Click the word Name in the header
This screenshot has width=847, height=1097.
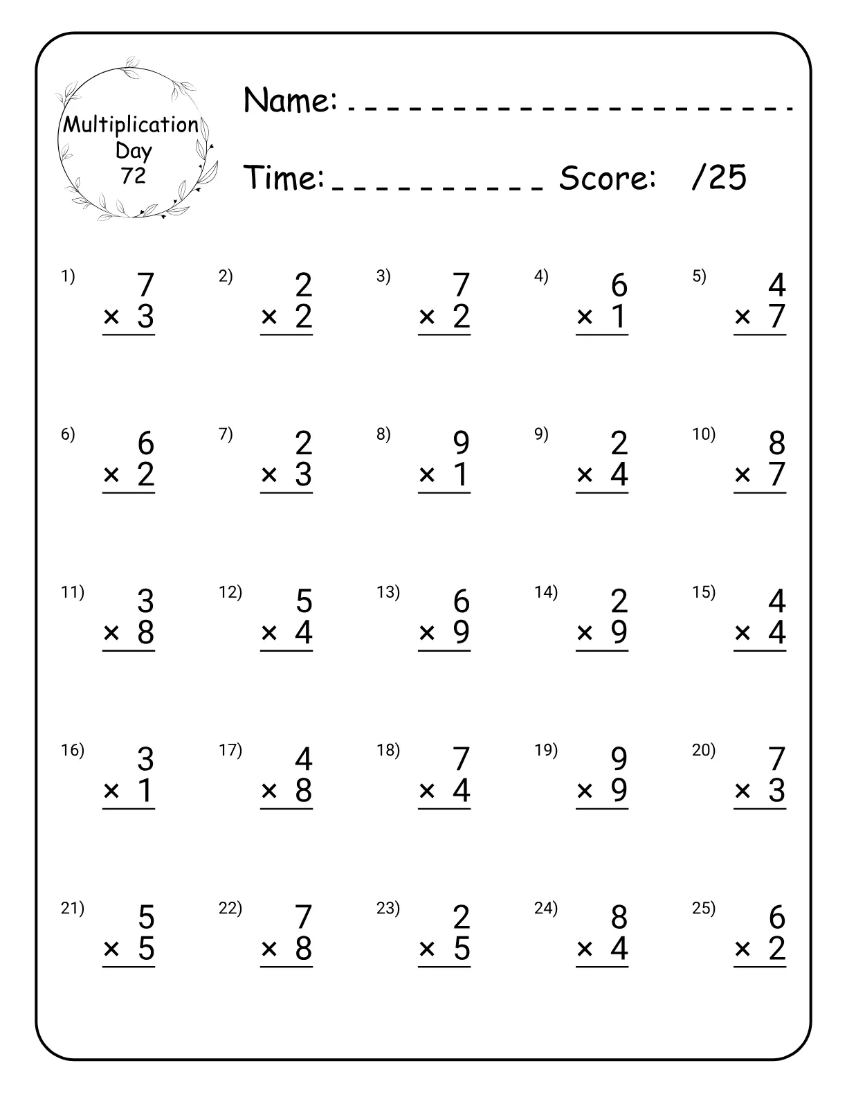pyautogui.click(x=290, y=100)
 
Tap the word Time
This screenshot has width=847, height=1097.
pyautogui.click(x=284, y=178)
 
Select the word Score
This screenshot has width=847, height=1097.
pyautogui.click(x=607, y=178)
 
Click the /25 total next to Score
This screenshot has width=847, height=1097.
pyautogui.click(x=719, y=178)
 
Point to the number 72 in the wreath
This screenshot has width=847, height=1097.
pyautogui.click(x=134, y=176)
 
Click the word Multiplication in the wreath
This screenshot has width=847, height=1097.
pyautogui.click(x=131, y=125)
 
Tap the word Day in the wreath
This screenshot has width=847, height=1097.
pyautogui.click(x=134, y=150)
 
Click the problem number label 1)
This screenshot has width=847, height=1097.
pyautogui.click(x=68, y=276)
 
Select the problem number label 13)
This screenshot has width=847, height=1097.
pyautogui.click(x=388, y=592)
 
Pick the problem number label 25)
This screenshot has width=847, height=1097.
pyautogui.click(x=704, y=908)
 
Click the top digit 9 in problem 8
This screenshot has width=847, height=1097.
pyautogui.click(x=461, y=443)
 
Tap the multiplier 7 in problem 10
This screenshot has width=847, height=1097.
pyautogui.click(x=777, y=474)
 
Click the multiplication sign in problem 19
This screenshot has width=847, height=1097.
pyautogui.click(x=585, y=790)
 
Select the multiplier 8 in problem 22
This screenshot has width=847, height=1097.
pyautogui.click(x=304, y=948)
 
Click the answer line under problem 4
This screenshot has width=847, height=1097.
pyautogui.click(x=602, y=335)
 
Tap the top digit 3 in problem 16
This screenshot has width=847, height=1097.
pyautogui.click(x=145, y=759)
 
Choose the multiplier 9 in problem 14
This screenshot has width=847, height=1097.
pyautogui.click(x=619, y=632)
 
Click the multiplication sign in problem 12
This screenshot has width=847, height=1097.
pyautogui.click(x=269, y=632)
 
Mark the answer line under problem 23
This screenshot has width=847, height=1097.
pyautogui.click(x=444, y=967)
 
